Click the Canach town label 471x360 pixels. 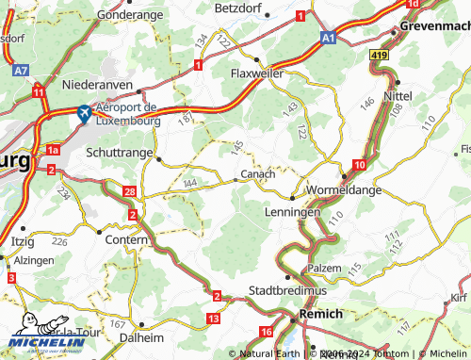coord(258,174)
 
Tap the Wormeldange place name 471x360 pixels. coord(342,189)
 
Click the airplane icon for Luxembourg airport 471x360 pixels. coord(83,113)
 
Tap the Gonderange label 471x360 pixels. coord(130,16)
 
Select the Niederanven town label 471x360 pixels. coord(99,85)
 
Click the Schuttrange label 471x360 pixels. coord(117,151)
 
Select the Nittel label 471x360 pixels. coord(398,96)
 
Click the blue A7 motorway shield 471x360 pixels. coord(21,70)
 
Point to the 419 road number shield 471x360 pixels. coord(378,57)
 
